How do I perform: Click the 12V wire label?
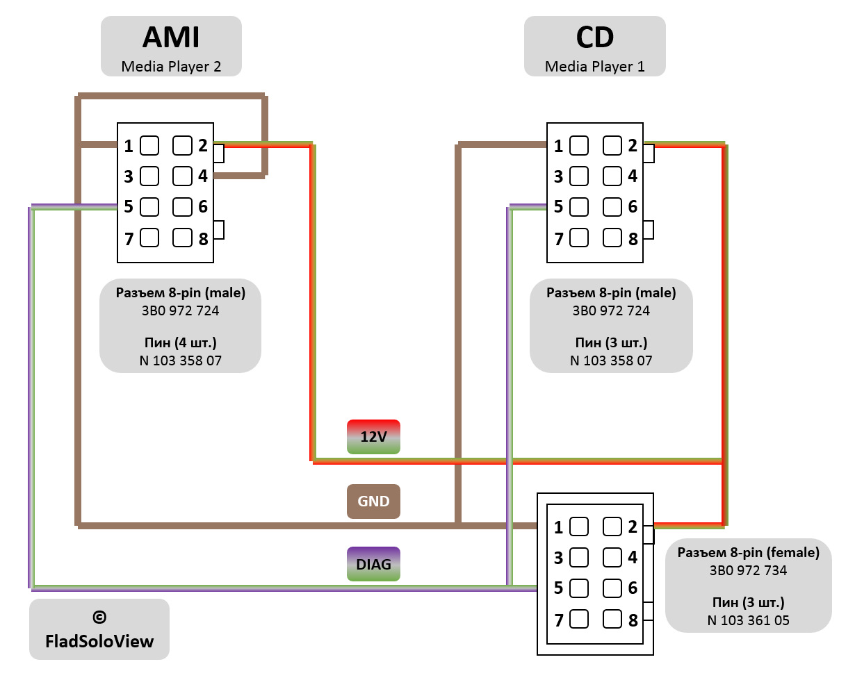pyautogui.click(x=373, y=437)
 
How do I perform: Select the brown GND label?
pyautogui.click(x=373, y=501)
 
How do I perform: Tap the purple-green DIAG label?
pyautogui.click(x=373, y=563)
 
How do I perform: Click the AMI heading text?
pyautogui.click(x=171, y=38)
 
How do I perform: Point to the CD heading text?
pyautogui.click(x=594, y=38)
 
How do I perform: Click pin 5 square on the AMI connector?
pyautogui.click(x=149, y=206)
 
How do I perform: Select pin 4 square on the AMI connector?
pyautogui.click(x=182, y=176)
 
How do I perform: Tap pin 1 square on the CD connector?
pyautogui.click(x=579, y=146)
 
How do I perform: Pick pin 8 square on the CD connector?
pyautogui.click(x=612, y=238)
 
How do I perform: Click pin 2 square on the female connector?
pyautogui.click(x=612, y=526)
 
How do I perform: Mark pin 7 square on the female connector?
pyautogui.click(x=579, y=619)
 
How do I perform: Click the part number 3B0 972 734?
pyautogui.click(x=748, y=571)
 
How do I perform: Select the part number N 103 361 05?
pyautogui.click(x=748, y=620)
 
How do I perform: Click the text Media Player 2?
pyautogui.click(x=171, y=67)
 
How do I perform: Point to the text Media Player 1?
pyautogui.click(x=594, y=67)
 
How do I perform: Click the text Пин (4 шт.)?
pyautogui.click(x=180, y=342)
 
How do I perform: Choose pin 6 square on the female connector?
pyautogui.click(x=612, y=588)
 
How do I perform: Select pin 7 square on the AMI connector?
pyautogui.click(x=149, y=238)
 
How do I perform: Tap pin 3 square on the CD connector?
pyautogui.click(x=579, y=176)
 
